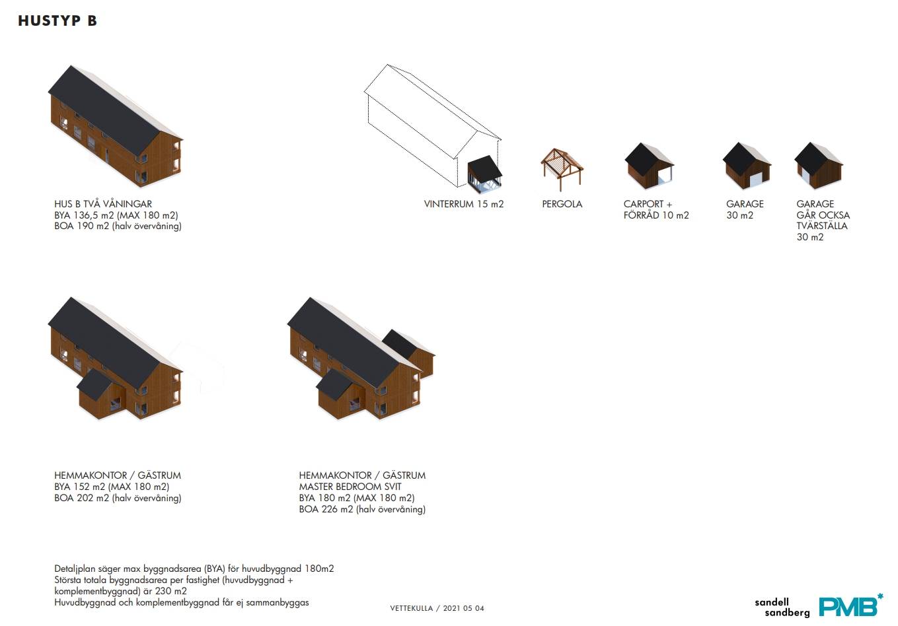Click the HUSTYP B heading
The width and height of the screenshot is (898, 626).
pos(57,21)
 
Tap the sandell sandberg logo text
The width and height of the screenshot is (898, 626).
pos(782,607)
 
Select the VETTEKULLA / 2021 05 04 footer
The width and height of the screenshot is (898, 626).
pos(437,608)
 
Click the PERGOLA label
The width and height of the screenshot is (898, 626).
pos(562,204)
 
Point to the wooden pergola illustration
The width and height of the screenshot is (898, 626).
pos(562,169)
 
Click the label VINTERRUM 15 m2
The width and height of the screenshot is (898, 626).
pos(463,204)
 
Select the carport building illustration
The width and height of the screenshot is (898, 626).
pos(649,166)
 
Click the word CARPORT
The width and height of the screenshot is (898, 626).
pos(644,204)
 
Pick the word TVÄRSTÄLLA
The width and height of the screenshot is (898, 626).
pos(822,226)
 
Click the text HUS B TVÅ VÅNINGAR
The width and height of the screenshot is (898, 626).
pos(103,204)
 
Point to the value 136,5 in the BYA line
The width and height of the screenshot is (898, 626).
pos(86,215)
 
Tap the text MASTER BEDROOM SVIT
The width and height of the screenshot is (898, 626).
pos(350,487)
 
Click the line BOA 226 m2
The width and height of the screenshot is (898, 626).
pos(326,509)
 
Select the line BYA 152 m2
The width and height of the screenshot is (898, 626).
pos(82,487)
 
